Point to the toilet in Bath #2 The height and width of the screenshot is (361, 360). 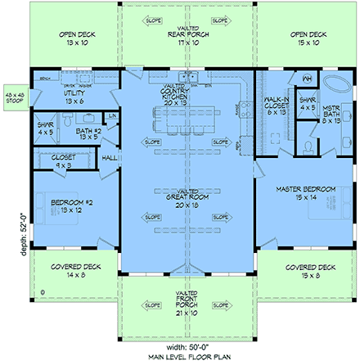coord(70,152)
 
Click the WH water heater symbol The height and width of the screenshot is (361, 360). coord(307,79)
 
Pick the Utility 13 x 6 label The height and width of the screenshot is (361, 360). coord(74,97)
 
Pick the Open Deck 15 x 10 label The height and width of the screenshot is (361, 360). coord(308,38)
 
